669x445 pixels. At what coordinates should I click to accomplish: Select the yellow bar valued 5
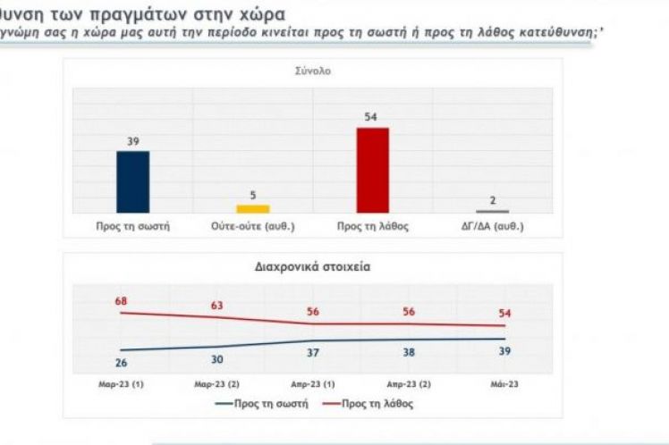pyautogui.click(x=253, y=207)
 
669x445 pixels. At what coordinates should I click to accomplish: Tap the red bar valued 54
pyautogui.click(x=373, y=170)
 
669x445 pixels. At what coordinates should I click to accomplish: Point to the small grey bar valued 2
pyautogui.click(x=493, y=211)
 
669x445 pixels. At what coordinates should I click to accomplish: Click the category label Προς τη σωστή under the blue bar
pyautogui.click(x=132, y=226)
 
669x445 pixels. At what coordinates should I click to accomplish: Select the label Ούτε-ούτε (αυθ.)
pyautogui.click(x=253, y=226)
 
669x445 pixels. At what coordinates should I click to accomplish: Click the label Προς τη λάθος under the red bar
pyautogui.click(x=373, y=226)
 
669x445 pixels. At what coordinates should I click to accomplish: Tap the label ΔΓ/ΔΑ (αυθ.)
pyautogui.click(x=493, y=226)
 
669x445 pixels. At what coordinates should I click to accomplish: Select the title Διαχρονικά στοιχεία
pyautogui.click(x=312, y=266)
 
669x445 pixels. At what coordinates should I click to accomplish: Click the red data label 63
pyautogui.click(x=216, y=306)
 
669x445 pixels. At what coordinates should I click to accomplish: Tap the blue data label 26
pyautogui.click(x=122, y=362)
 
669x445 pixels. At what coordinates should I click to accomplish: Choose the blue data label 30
pyautogui.click(x=216, y=360)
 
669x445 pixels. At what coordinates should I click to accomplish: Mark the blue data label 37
pyautogui.click(x=312, y=354)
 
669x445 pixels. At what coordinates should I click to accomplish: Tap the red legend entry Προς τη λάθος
pyautogui.click(x=375, y=404)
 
